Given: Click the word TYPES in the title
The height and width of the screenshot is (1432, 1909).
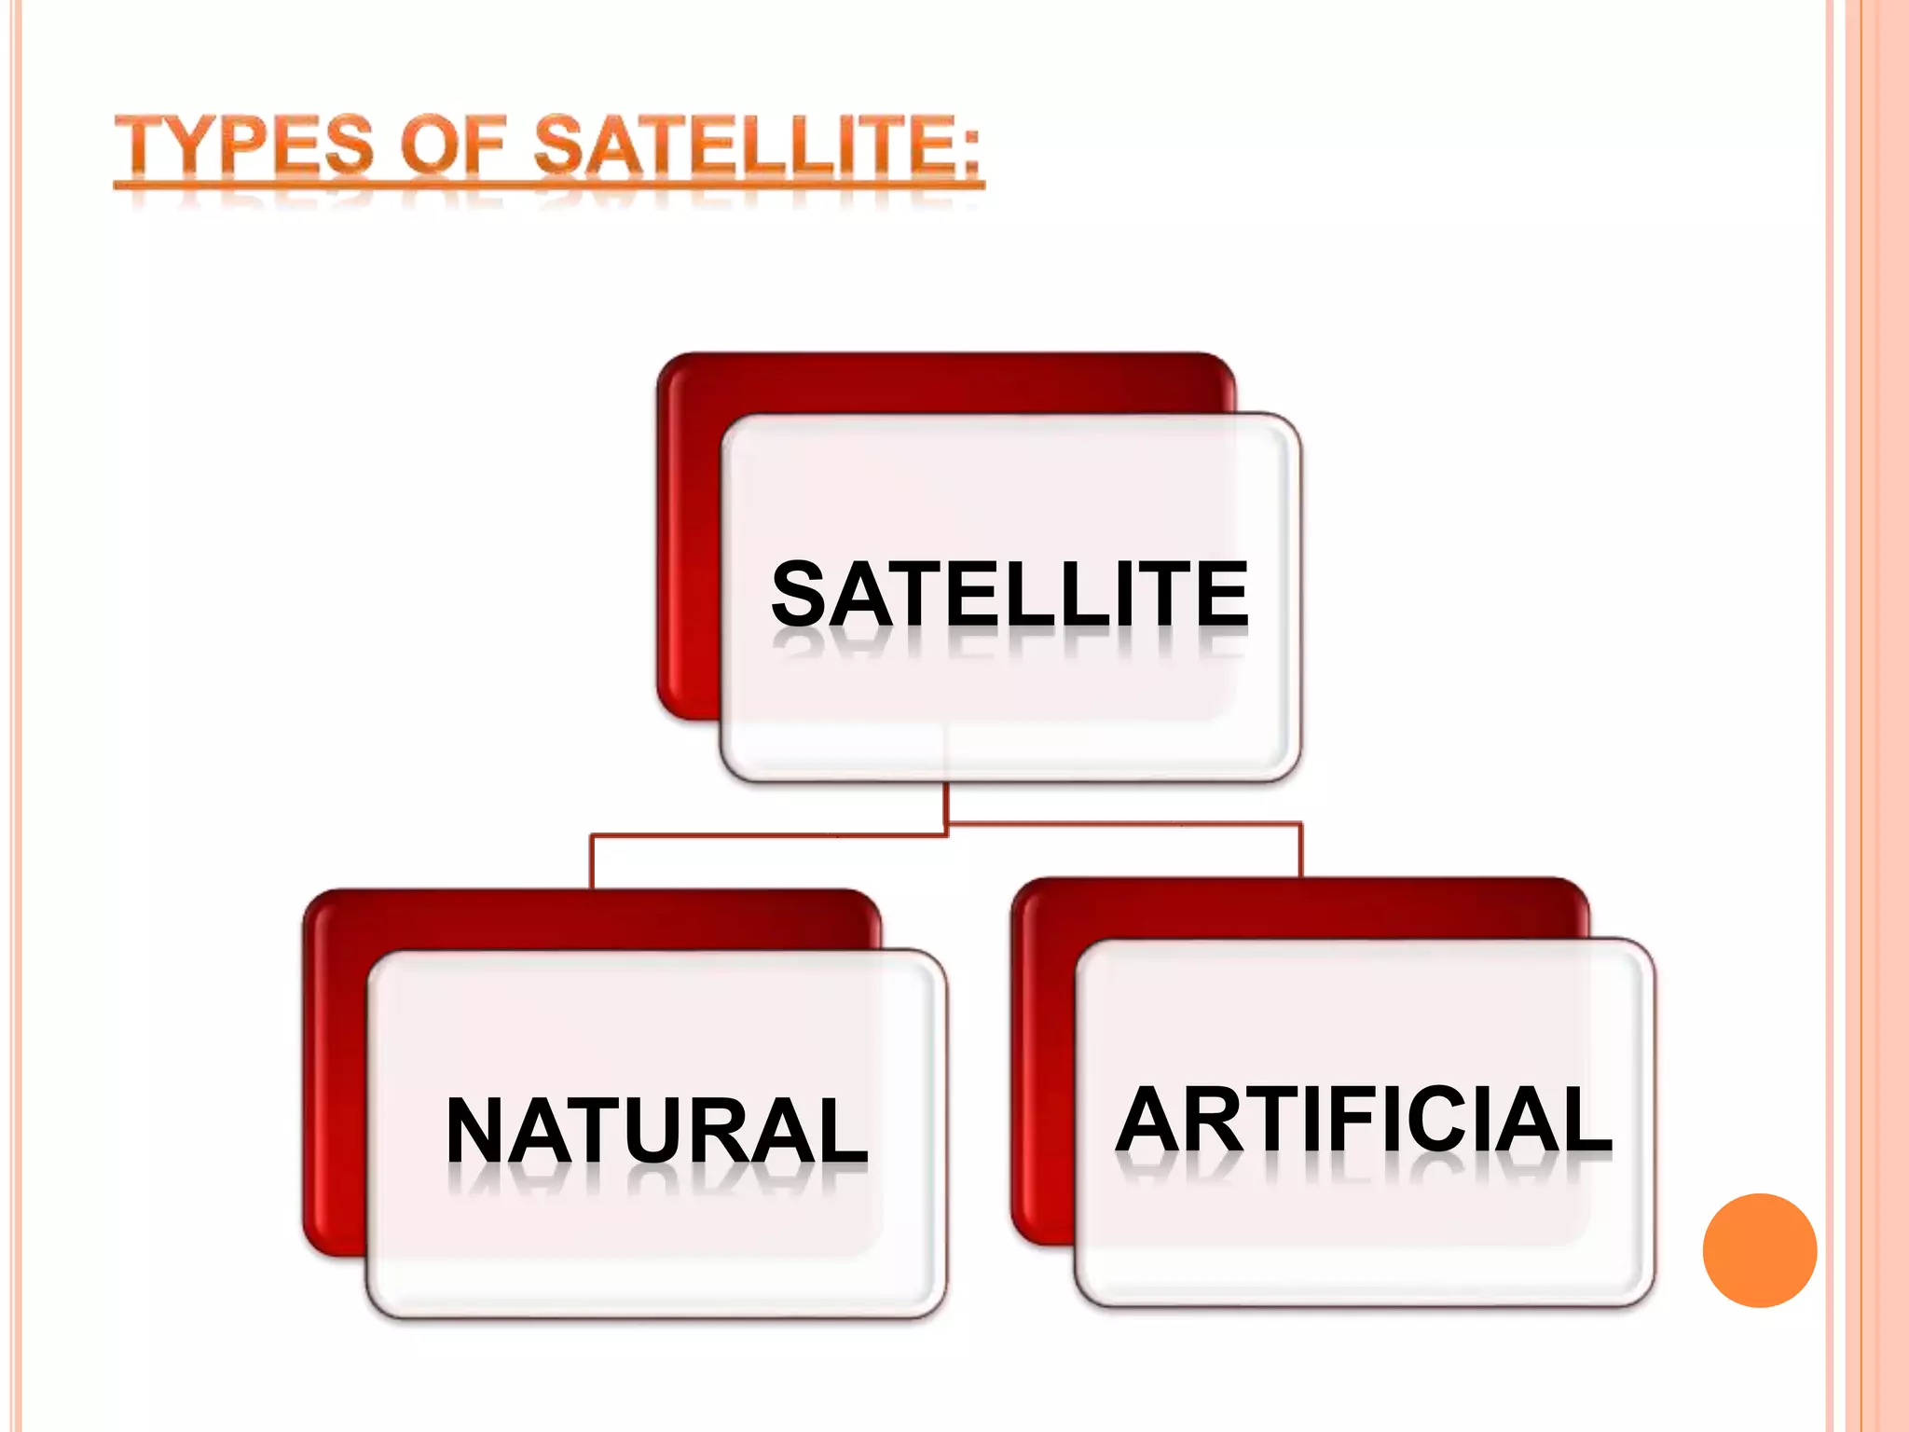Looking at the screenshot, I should point(244,145).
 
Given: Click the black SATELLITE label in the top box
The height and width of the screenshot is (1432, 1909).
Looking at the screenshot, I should point(1010,594).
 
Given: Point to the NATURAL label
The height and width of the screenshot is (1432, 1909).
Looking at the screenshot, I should point(657,1130).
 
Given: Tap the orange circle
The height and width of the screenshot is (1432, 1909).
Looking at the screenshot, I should point(1759,1250).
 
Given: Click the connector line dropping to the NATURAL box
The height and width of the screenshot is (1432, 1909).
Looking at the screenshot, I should point(592,862).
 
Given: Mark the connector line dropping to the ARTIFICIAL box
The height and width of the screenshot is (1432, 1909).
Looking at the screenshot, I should point(1300,850).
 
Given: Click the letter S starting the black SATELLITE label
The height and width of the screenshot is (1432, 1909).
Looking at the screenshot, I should point(799,594).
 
